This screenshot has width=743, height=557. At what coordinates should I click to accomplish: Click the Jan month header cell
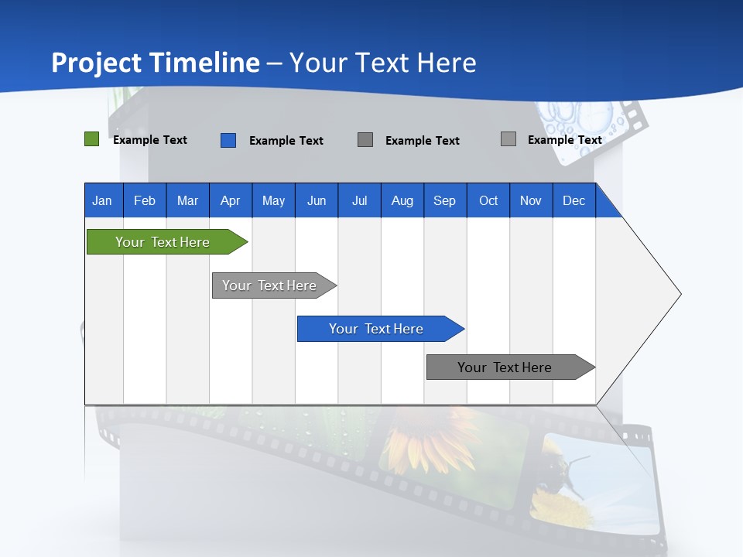(102, 200)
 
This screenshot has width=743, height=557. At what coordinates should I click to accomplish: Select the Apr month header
(230, 200)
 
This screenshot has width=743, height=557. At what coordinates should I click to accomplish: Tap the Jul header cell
(359, 200)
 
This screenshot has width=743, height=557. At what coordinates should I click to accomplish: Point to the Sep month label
(444, 200)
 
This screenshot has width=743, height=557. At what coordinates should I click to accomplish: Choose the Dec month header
(574, 200)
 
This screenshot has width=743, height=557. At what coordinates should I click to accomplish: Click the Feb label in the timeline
(145, 200)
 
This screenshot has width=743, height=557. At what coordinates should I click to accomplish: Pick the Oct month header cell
(488, 200)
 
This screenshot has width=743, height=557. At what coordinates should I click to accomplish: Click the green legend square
(91, 139)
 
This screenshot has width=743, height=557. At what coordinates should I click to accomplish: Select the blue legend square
(228, 140)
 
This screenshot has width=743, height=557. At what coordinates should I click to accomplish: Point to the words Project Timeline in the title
(156, 63)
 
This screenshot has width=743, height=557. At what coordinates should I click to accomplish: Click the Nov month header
(531, 200)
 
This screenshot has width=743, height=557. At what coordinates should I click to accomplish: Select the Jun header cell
(317, 200)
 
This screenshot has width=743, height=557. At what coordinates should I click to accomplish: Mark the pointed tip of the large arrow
(680, 294)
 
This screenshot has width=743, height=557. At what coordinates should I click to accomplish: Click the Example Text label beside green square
(150, 140)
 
